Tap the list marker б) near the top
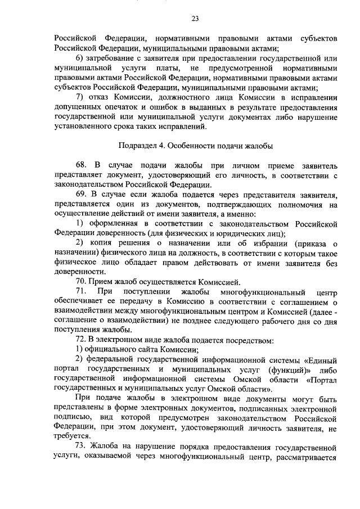[80, 58]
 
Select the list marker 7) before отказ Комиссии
[80, 97]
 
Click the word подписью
[70, 418]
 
